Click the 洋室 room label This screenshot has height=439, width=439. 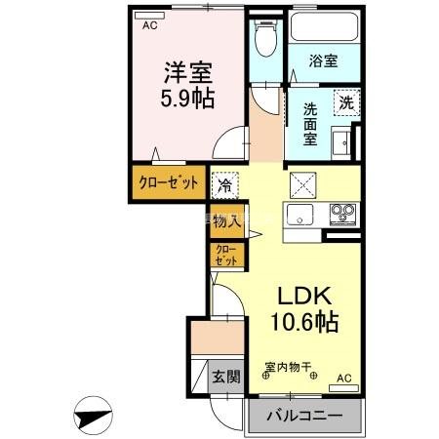click(x=186, y=73)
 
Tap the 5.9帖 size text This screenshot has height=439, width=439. click(x=186, y=99)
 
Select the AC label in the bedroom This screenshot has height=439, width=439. click(x=149, y=26)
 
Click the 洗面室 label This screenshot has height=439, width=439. click(x=309, y=123)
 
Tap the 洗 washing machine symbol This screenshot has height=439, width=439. click(x=346, y=100)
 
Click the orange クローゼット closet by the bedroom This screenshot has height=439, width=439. click(x=168, y=182)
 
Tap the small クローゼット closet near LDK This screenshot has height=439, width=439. click(x=226, y=256)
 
